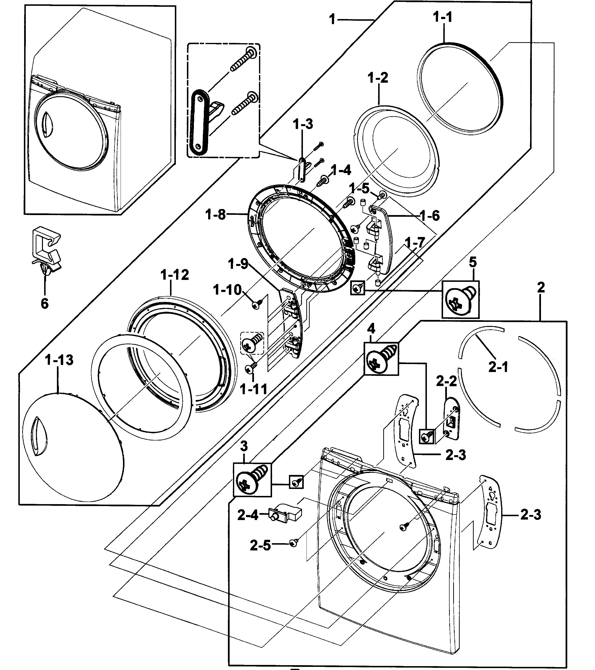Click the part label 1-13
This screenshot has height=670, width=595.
tap(59, 360)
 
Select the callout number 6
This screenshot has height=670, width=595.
tap(45, 304)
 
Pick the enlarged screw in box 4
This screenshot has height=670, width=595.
tap(381, 359)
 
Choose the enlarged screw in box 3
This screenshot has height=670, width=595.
tap(252, 479)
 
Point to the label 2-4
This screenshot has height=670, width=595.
tap(248, 516)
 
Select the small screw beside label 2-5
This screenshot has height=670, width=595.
tap(293, 543)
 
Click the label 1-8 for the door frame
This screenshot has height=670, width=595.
tap(215, 215)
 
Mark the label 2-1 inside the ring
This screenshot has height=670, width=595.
tap(498, 367)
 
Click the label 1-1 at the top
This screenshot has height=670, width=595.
tap(443, 17)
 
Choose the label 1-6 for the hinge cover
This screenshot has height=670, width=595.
tap(430, 216)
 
